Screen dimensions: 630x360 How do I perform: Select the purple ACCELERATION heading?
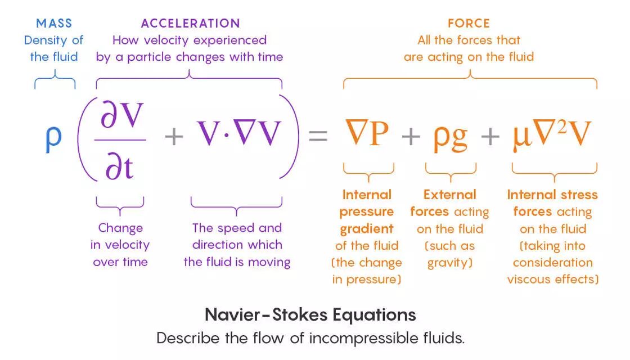point(190,24)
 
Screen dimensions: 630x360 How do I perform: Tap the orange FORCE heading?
point(469,24)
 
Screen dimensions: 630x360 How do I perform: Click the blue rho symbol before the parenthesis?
point(53,137)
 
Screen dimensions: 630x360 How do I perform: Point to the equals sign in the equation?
point(318,136)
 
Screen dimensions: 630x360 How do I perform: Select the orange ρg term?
point(450,136)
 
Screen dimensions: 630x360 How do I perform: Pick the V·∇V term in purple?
point(238,133)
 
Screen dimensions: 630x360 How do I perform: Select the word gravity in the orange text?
point(449,263)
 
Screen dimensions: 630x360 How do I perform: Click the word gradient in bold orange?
point(367,228)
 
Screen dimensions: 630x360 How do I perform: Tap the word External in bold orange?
point(449,195)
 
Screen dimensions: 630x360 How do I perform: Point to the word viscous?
point(530,280)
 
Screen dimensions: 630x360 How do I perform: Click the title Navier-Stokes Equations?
point(310,314)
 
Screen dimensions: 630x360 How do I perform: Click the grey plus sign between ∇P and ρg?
point(412,136)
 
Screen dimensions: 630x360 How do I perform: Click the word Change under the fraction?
point(120,228)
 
